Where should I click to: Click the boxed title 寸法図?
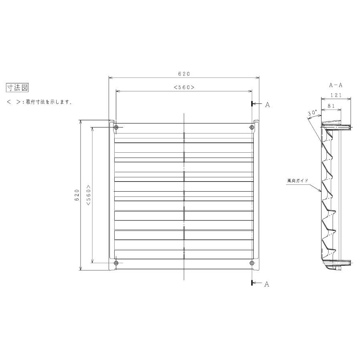coord(17,87)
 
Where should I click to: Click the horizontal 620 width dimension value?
coord(184,74)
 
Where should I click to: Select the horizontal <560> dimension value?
coord(184,87)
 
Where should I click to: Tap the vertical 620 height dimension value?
coord(77,195)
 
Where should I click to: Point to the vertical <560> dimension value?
coord(88,195)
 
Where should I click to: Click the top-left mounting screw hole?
coord(116,127)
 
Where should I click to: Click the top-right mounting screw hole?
coord(252,127)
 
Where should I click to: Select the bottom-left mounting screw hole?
coord(116,263)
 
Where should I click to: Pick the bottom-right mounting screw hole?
coord(252,263)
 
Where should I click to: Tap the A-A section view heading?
coord(336,85)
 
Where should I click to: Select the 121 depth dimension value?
coord(336,95)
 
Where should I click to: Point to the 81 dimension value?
coord(331,105)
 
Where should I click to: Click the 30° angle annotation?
coord(312,113)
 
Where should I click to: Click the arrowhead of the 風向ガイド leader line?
coord(321,192)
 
